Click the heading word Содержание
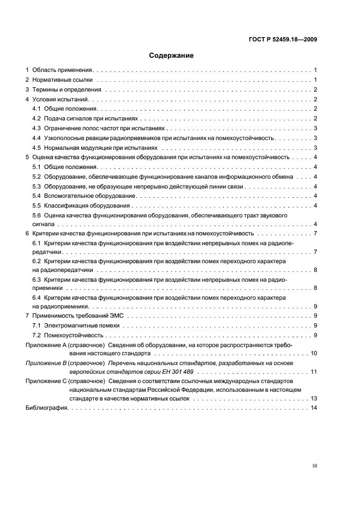[172, 56]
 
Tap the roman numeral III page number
[314, 466]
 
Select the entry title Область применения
[63, 70]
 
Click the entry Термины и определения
[67, 90]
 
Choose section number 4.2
[36, 118]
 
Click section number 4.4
[36, 138]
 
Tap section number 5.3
[36, 186]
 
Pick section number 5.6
[36, 216]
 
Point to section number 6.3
[36, 280]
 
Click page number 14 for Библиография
[314, 408]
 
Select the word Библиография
[46, 408]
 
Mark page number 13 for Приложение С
[314, 398]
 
